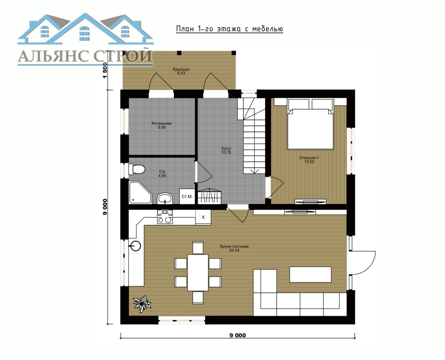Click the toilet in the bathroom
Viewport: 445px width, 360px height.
[137, 169]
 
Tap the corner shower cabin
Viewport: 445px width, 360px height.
[140, 193]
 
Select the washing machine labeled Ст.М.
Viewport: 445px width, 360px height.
[187, 196]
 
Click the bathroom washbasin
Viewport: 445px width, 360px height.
[165, 198]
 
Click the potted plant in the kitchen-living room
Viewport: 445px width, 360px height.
[142, 304]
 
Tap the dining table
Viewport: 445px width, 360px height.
[198, 272]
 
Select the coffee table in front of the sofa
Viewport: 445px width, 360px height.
[310, 274]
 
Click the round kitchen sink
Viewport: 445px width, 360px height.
[136, 246]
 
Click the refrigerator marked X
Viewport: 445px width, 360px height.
[203, 218]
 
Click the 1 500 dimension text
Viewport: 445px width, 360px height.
[105, 70]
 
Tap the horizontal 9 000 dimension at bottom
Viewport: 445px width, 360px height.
[238, 335]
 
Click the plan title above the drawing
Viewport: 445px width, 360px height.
[229, 29]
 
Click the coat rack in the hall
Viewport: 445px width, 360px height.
[209, 196]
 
